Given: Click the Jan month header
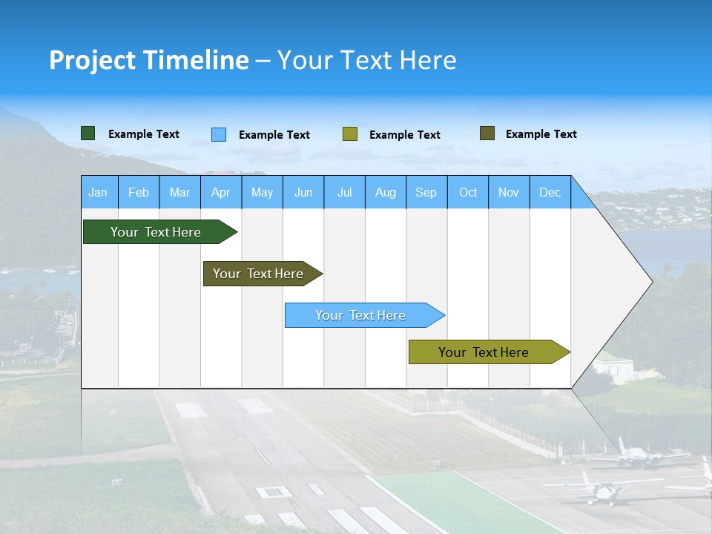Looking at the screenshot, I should click(x=98, y=192).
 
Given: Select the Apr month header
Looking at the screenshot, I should click(x=220, y=192).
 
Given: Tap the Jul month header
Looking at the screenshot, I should click(x=344, y=192).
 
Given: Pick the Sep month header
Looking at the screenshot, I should click(x=426, y=192).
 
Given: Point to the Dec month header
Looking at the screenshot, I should click(x=550, y=192).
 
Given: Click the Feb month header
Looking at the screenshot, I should click(x=138, y=192).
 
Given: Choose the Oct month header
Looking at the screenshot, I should click(x=468, y=192).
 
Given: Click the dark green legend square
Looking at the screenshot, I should click(x=88, y=133).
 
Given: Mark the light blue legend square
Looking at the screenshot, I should click(x=219, y=134).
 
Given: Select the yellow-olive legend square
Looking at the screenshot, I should click(x=350, y=134).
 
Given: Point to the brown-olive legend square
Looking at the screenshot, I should click(x=487, y=133).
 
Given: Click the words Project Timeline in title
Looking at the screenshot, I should click(x=148, y=60).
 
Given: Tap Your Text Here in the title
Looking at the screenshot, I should click(x=366, y=60).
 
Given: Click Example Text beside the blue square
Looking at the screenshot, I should click(x=274, y=135).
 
